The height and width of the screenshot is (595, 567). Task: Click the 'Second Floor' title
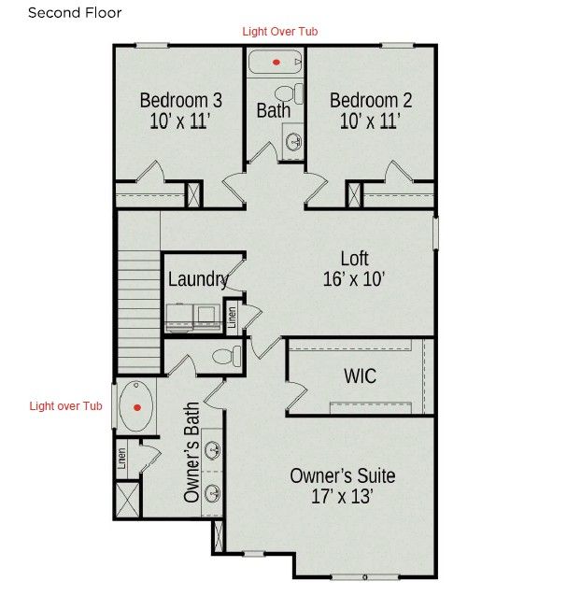pyautogui.click(x=75, y=13)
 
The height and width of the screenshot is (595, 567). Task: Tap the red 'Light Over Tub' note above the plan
pyautogui.click(x=280, y=32)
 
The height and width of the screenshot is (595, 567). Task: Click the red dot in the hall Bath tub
pyautogui.click(x=276, y=63)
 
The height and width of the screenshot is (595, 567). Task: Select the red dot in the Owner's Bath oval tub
pyautogui.click(x=137, y=407)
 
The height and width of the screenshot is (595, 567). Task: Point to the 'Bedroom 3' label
pyautogui.click(x=180, y=100)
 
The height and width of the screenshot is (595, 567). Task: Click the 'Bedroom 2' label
pyautogui.click(x=371, y=100)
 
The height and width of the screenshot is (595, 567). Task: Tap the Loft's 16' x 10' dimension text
pyautogui.click(x=354, y=279)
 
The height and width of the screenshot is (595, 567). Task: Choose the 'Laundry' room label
pyautogui.click(x=198, y=279)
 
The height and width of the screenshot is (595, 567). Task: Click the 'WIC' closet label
pyautogui.click(x=361, y=376)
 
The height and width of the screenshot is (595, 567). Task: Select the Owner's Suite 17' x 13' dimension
pyautogui.click(x=342, y=496)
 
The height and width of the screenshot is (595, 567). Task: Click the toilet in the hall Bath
pyautogui.click(x=290, y=93)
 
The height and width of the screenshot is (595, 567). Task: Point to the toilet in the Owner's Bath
pyautogui.click(x=227, y=356)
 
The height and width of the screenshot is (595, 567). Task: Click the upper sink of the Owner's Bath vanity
pyautogui.click(x=212, y=450)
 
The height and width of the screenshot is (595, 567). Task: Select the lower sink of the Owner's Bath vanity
pyautogui.click(x=212, y=493)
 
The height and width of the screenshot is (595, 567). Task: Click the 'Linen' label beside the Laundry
pyautogui.click(x=232, y=318)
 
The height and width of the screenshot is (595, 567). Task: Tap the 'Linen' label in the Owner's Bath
pyautogui.click(x=121, y=459)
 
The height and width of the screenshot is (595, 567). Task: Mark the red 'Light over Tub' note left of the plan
pyautogui.click(x=66, y=406)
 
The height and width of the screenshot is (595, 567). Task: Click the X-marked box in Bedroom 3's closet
pyautogui.click(x=193, y=195)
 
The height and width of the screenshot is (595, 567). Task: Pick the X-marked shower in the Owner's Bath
pyautogui.click(x=128, y=500)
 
